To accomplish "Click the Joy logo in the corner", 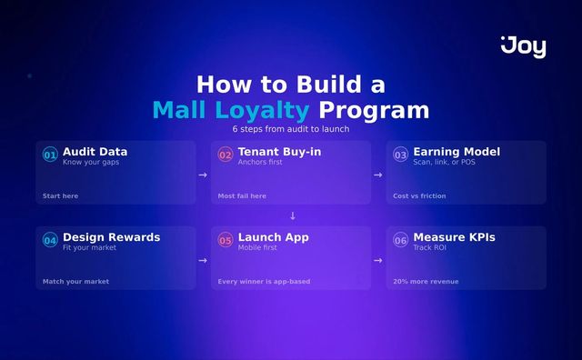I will point(524,46).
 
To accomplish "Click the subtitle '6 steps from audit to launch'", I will point(290,129).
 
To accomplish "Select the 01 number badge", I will point(50,155).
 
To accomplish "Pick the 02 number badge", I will point(226,155).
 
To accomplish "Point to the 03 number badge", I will point(400,155).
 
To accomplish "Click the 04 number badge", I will point(50,241).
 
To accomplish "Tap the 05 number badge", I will point(226,241).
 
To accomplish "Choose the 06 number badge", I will point(400,241).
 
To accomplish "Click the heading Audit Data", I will point(95,152).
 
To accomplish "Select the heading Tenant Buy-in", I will point(279,152).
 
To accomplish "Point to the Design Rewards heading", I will point(111,237).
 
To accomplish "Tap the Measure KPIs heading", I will point(454,237).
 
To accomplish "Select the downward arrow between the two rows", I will point(292,215).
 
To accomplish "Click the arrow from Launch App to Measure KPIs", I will point(377,260).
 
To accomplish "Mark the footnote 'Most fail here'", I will point(242,196).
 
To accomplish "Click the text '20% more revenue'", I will point(426,282).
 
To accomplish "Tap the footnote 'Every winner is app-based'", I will point(264,282).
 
